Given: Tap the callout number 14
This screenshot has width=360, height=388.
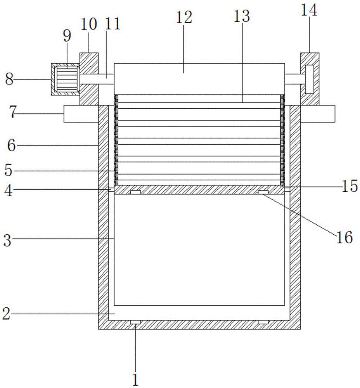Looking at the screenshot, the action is [309, 10].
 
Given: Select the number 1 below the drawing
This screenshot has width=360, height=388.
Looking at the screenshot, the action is [135, 380].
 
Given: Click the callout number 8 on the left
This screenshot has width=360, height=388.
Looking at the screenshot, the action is [9, 80].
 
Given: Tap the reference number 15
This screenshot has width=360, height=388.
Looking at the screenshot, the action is [349, 186].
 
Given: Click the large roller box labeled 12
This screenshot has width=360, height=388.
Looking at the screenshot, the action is [199, 79].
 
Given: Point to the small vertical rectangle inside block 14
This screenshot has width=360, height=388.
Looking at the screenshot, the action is [310, 79].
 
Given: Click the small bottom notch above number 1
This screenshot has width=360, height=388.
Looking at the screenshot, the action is [135, 322].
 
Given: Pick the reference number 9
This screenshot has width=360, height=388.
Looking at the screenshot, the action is [67, 36].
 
